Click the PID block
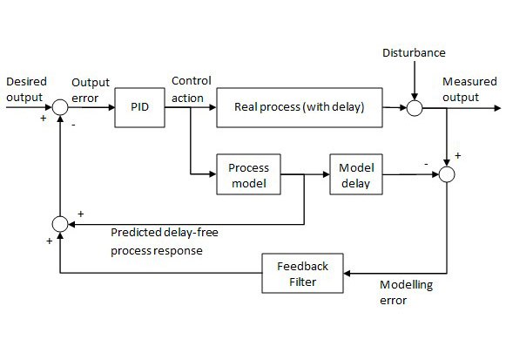[x=139, y=108]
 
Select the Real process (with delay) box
[x=299, y=108]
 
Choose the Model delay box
[x=354, y=175]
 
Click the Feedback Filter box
[x=303, y=273]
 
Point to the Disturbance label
[x=414, y=53]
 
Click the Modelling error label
[x=407, y=293]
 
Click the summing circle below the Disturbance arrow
[x=415, y=108]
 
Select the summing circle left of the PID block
[x=59, y=108]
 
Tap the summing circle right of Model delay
[x=447, y=175]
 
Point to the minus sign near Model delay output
[x=425, y=163]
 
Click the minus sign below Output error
[x=73, y=124]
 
